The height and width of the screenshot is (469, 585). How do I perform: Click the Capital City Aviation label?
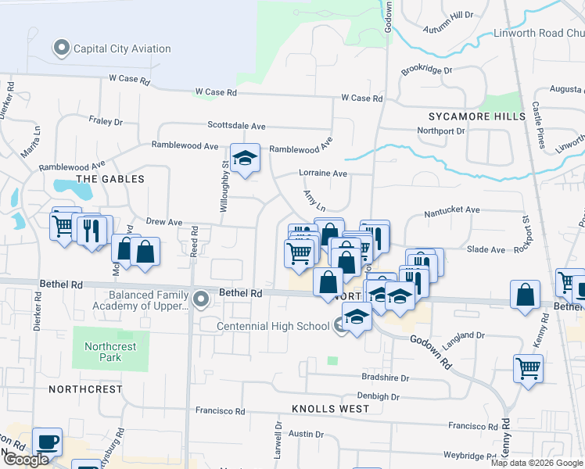(x=122, y=48)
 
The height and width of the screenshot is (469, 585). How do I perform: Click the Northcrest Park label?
(x=110, y=352)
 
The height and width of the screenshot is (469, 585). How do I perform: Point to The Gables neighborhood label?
(x=110, y=179)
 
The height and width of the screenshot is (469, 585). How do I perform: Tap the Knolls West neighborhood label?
(x=329, y=409)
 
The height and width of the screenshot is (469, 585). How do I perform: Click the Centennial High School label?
(x=272, y=326)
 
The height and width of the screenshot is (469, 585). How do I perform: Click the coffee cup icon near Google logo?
(x=47, y=442)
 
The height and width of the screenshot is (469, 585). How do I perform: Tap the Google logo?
(x=26, y=459)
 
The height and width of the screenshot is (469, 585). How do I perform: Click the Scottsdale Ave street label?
(x=237, y=125)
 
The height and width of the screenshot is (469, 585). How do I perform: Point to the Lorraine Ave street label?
(x=322, y=173)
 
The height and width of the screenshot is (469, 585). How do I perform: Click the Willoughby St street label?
(x=225, y=185)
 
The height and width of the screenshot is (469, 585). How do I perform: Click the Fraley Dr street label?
(x=106, y=122)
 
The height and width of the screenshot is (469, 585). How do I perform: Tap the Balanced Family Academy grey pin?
(x=201, y=298)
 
